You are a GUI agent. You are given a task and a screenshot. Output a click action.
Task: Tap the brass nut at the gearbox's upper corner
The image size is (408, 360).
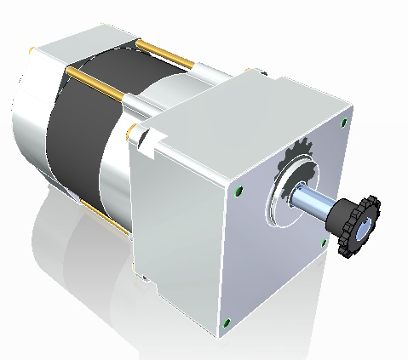(x=131, y=131)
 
